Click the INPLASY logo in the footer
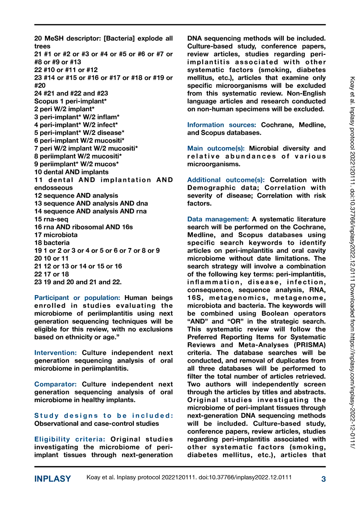click(53, 479)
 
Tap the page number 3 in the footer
click(324, 479)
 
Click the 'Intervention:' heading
click(56, 353)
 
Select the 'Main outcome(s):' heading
click(216, 148)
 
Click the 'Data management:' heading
click(218, 219)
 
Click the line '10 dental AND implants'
click(71, 172)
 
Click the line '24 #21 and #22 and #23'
click(71, 93)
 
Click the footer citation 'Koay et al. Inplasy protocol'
click(189, 478)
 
